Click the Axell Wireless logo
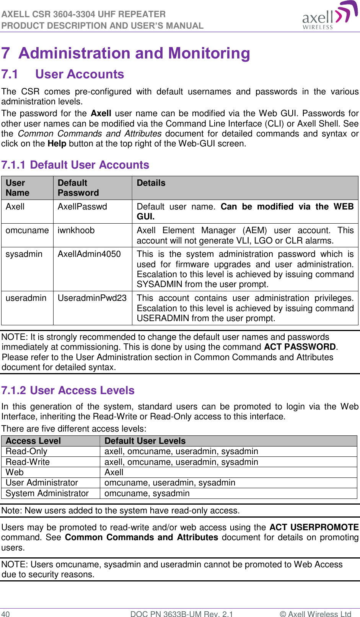[x=330, y=15]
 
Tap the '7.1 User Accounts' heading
[x=63, y=74]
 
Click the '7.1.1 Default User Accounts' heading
[x=75, y=165]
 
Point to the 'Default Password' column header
[x=78, y=188]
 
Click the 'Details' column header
[x=151, y=183]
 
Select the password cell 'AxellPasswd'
[x=82, y=207]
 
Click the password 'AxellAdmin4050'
[x=89, y=254]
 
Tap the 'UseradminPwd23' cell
[x=92, y=298]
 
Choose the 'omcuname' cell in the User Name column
[x=27, y=231]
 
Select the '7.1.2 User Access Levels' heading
[x=68, y=390]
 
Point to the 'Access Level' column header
[x=33, y=441]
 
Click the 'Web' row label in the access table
[x=15, y=472]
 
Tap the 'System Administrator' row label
[x=47, y=494]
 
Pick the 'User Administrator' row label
[x=42, y=483]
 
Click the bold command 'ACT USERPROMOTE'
[x=314, y=528]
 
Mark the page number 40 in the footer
[x=5, y=614]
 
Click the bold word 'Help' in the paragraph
[x=57, y=144]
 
